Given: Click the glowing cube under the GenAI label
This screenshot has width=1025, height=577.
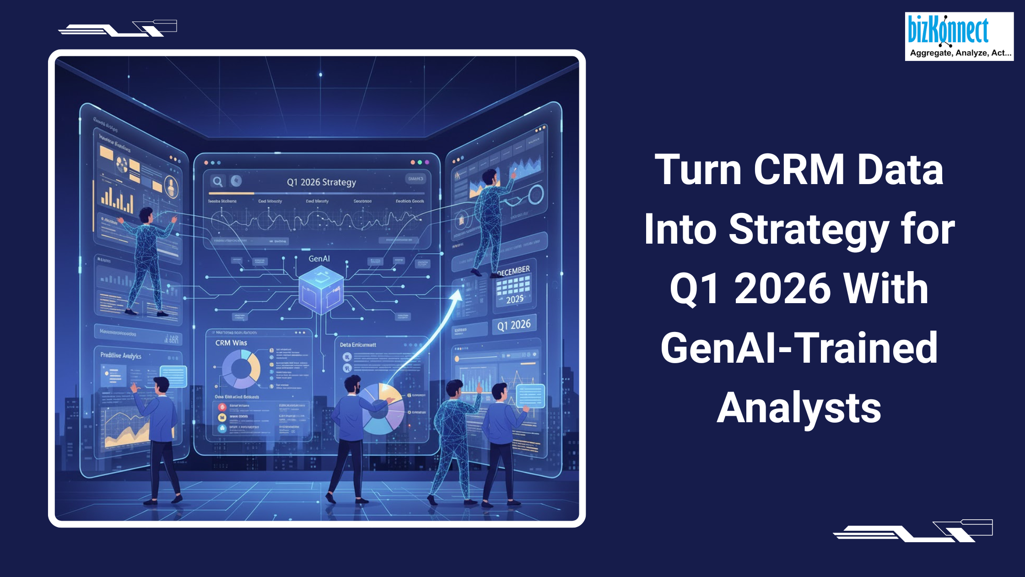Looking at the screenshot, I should tap(321, 290).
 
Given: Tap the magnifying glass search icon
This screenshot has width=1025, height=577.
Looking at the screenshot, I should tap(218, 181).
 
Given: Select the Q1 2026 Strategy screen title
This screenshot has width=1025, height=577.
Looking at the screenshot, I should tap(321, 182).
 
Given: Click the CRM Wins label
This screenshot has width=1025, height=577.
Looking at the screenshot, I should tap(231, 343).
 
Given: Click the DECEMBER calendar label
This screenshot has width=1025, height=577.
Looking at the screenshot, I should tap(514, 271).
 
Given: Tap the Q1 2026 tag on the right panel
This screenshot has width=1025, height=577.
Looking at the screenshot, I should tap(514, 325).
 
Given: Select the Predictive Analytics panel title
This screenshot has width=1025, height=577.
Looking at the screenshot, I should tap(121, 356).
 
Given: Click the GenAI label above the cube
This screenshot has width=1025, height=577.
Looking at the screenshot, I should tap(319, 259).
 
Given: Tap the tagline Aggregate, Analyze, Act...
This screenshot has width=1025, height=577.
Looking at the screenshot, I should tap(960, 53).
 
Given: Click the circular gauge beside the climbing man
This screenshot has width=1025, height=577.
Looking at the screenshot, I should tap(535, 195).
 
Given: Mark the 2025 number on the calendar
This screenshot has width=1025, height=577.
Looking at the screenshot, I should tap(515, 299).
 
